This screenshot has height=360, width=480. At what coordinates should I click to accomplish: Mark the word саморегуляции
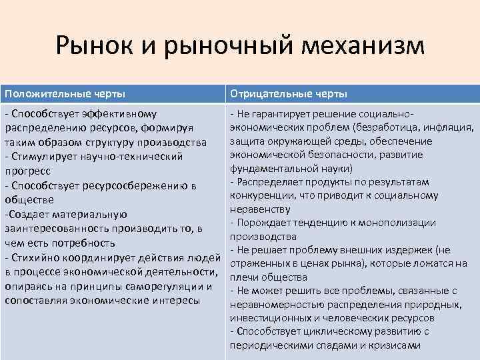tap(167, 286)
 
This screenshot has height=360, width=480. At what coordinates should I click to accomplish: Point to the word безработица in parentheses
tap(387, 127)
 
